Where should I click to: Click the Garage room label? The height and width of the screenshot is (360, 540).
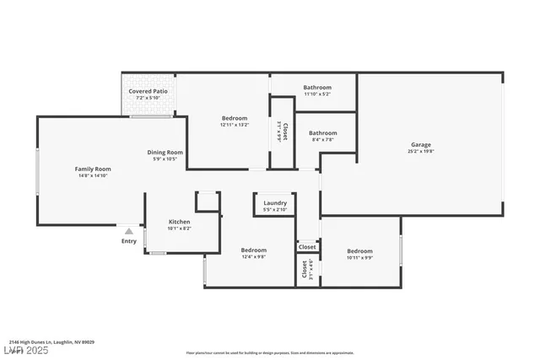click(420, 145)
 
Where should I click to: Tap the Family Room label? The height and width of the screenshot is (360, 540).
click(93, 169)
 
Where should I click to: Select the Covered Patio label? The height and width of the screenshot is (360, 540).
click(148, 91)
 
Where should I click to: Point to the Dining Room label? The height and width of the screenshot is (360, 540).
click(165, 152)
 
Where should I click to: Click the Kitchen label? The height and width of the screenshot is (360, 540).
click(179, 221)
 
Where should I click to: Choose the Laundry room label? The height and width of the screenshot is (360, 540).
click(275, 202)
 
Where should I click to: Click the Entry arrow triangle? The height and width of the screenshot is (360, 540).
click(128, 229)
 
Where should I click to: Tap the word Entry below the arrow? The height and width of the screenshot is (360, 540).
click(128, 241)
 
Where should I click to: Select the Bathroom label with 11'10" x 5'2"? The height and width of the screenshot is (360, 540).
click(317, 87)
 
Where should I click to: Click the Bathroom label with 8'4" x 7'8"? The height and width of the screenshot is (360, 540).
click(322, 132)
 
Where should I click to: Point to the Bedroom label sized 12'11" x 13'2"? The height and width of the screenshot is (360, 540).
click(235, 118)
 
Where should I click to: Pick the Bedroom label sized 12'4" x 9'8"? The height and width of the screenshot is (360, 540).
click(253, 250)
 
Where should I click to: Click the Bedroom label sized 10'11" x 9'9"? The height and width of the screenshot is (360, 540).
click(359, 250)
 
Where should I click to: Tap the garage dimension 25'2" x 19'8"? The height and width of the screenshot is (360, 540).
click(420, 153)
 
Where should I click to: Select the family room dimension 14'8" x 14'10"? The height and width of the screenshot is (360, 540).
click(93, 176)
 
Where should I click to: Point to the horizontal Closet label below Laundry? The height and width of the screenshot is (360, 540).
click(308, 247)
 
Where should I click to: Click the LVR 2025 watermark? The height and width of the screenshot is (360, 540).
click(27, 349)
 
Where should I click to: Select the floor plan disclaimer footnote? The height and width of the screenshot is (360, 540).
click(270, 352)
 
